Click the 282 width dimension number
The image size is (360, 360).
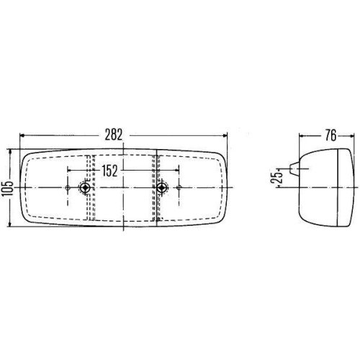pyautogui.click(x=114, y=135)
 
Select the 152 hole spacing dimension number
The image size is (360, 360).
pyautogui.click(x=109, y=171)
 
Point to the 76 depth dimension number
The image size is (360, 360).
pyautogui.click(x=330, y=136)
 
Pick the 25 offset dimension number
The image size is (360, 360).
pyautogui.click(x=277, y=176)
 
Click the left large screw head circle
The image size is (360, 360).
pyautogui.click(x=84, y=188)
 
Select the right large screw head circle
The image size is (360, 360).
pyautogui.click(x=162, y=188)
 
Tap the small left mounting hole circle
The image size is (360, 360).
pyautogui.click(x=68, y=188)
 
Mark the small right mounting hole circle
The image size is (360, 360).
pyautogui.click(x=179, y=188)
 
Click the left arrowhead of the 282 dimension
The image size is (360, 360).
pyautogui.click(x=22, y=136)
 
